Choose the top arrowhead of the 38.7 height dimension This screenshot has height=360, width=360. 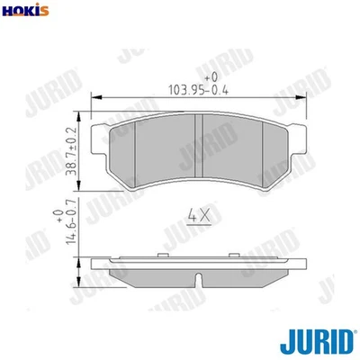pyautogui.click(x=85, y=115)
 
